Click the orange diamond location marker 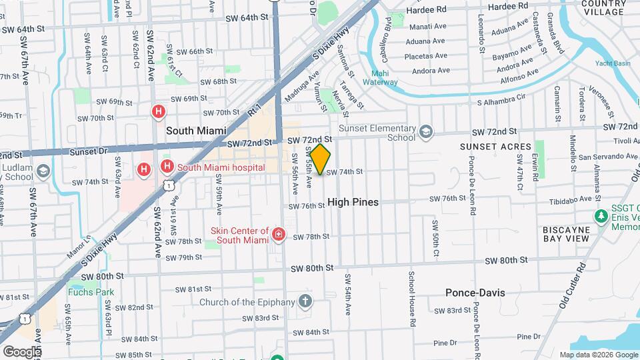321,159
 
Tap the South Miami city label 196,131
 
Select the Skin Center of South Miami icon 279,235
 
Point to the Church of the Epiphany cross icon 305,301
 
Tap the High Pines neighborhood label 353,202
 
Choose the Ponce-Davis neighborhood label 475,293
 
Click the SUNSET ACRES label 495,147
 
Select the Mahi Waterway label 380,78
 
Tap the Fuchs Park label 90,292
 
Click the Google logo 21,351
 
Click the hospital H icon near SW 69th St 159,111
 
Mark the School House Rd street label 412,294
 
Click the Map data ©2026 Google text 599,355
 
